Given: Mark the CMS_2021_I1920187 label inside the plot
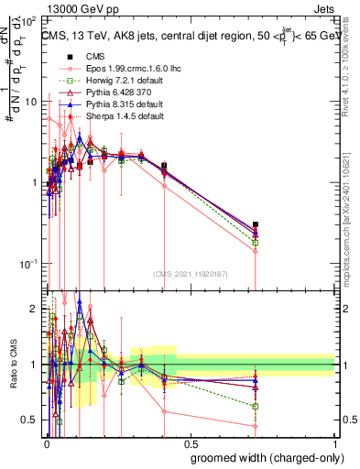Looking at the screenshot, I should point(190,274).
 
